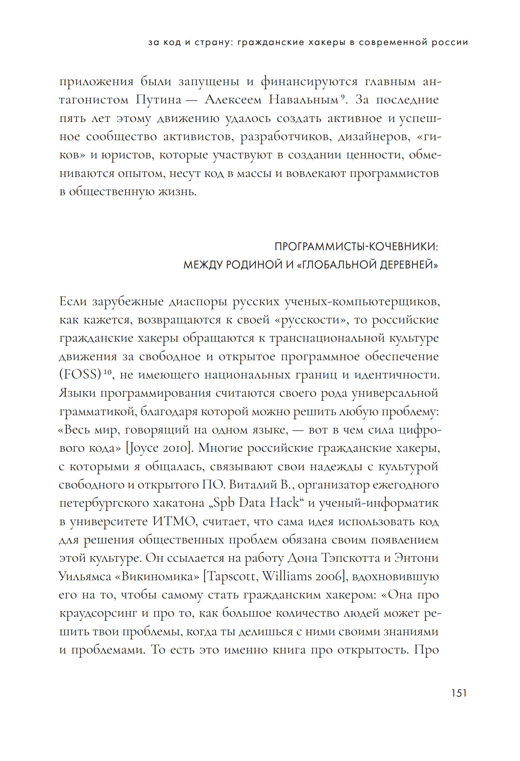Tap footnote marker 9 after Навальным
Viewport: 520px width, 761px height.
[x=342, y=97]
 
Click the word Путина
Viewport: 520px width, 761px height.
[x=158, y=100]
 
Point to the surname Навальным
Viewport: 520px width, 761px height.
[x=303, y=100]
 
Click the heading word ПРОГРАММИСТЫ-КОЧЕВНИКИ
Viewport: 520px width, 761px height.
[x=356, y=246]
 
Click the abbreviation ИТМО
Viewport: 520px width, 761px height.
[x=174, y=521]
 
